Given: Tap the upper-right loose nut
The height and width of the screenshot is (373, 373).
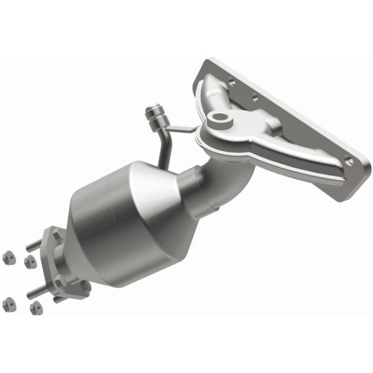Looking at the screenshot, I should click(x=29, y=262).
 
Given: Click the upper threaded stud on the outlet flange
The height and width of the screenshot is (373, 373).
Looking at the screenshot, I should click(x=38, y=244).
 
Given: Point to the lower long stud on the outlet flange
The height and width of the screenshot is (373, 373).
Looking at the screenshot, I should click(x=39, y=289).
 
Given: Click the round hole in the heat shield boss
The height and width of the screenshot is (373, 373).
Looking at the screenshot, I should click(x=218, y=117).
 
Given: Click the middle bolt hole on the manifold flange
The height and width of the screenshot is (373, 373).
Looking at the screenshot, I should click(x=254, y=98).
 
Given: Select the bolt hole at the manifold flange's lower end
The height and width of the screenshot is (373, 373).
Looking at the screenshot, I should click(x=349, y=162).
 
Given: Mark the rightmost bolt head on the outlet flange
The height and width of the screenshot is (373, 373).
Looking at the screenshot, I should click(x=81, y=287).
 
